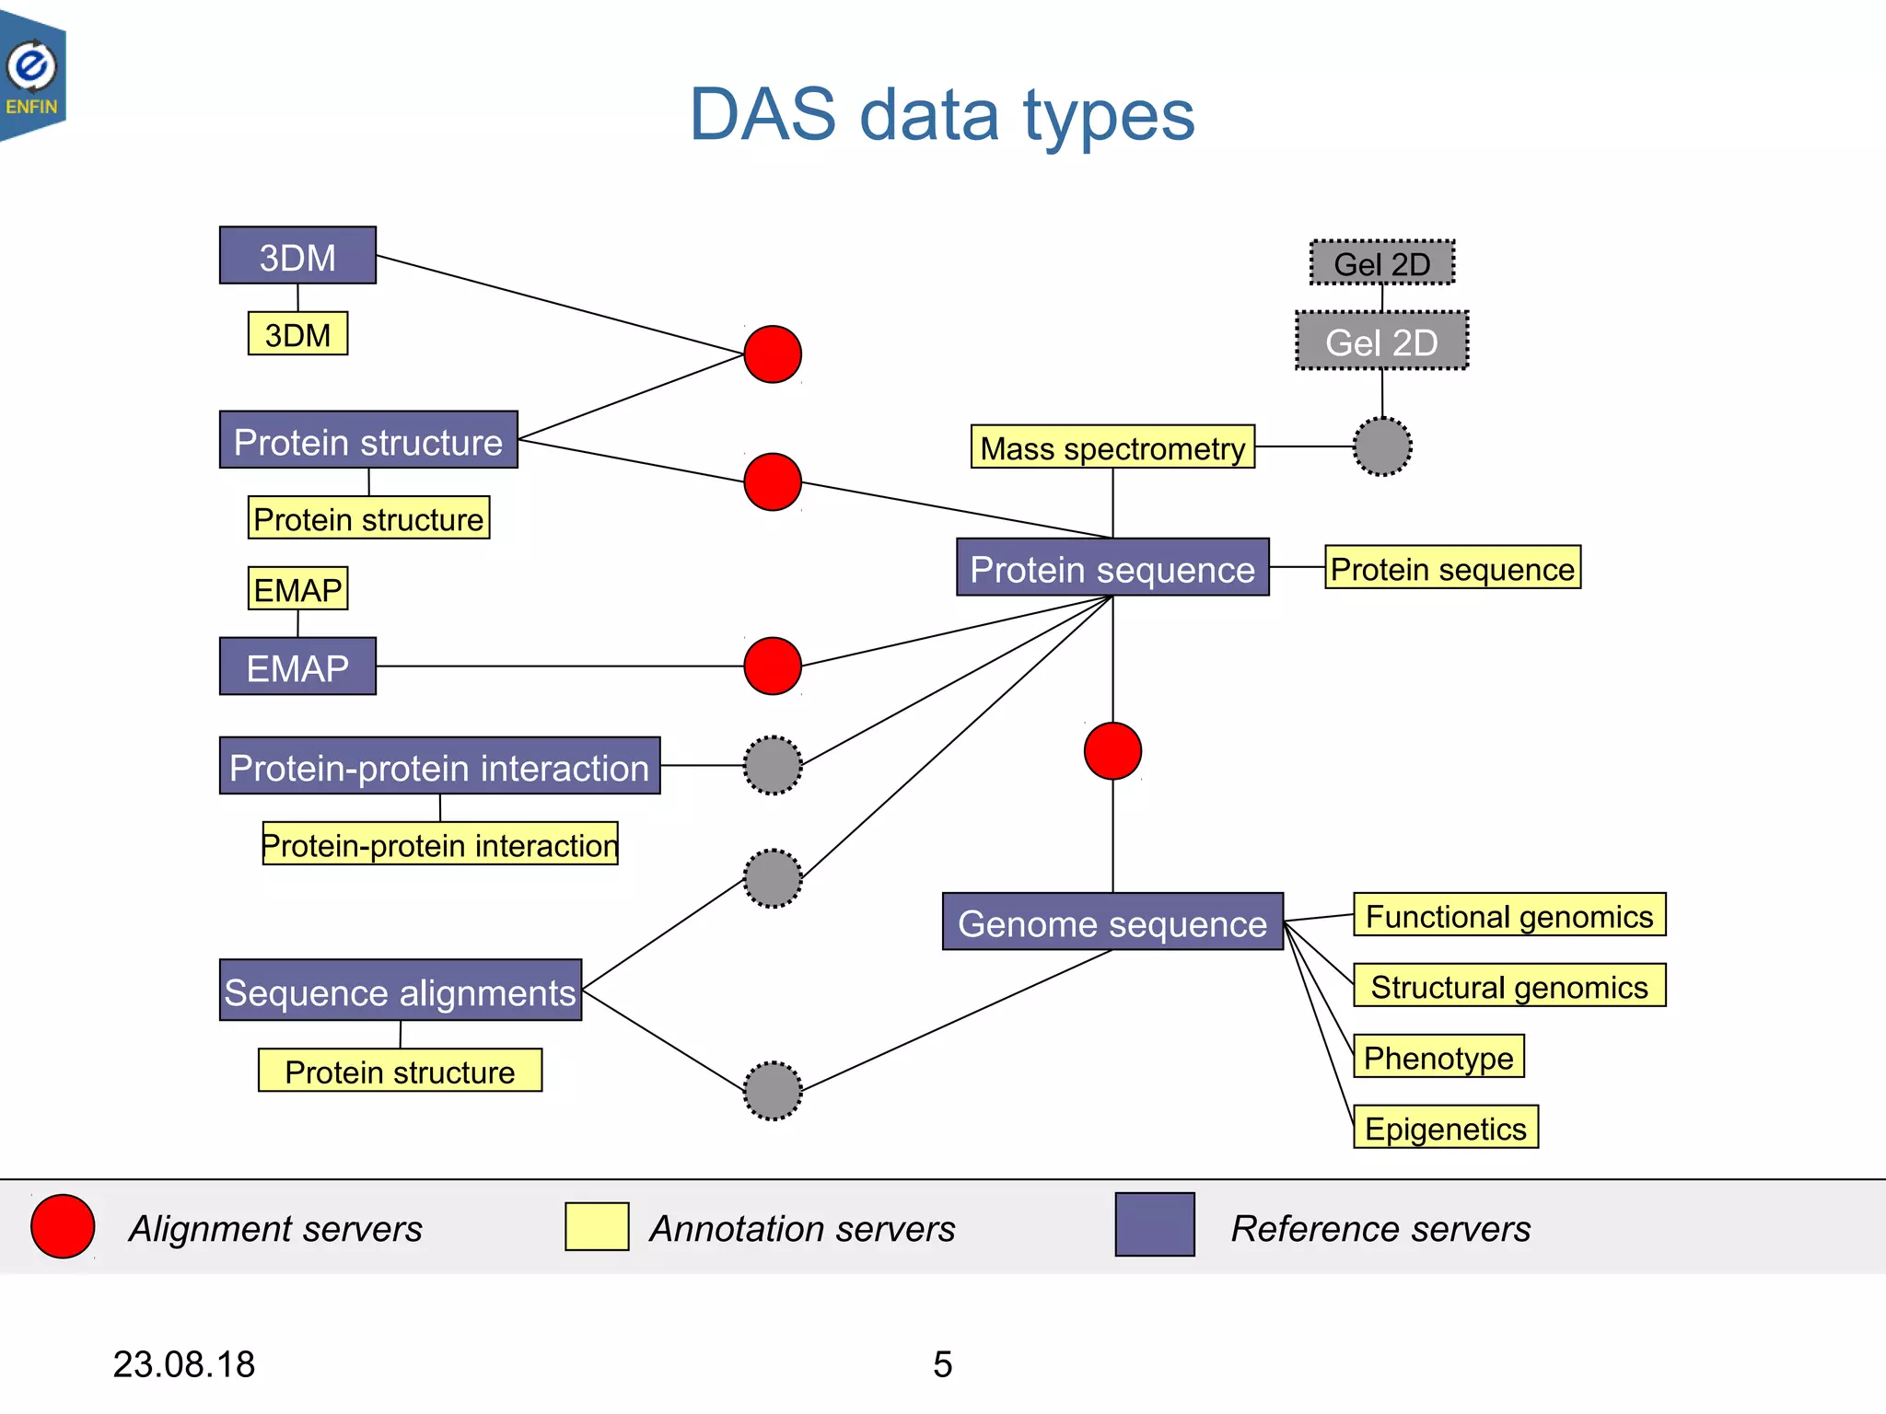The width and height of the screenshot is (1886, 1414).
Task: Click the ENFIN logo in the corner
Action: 33,75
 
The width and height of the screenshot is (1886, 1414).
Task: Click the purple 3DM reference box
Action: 297,256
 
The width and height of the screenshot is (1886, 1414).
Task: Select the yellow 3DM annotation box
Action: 297,334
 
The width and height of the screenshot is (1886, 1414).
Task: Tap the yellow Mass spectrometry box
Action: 1112,447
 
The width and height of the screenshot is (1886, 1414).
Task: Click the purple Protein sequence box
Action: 1112,568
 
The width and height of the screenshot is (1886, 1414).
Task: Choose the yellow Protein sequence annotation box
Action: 1452,568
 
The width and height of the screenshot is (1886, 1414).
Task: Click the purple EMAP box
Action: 297,666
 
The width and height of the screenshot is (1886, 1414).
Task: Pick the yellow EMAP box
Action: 297,589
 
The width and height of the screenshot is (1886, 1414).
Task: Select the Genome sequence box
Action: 1112,921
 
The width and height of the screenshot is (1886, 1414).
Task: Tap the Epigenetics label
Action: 1445,1128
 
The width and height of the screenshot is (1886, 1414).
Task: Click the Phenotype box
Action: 1438,1057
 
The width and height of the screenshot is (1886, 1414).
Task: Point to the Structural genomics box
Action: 1508,986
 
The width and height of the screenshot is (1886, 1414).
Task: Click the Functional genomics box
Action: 1508,915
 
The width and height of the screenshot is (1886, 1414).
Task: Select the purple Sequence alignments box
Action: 400,991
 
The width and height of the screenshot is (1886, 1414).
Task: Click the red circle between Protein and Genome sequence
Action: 1112,751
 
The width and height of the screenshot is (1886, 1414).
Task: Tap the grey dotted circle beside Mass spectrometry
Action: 1381,447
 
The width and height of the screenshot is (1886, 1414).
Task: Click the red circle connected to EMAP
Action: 772,666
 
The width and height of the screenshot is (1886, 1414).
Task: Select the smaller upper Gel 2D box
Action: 1381,263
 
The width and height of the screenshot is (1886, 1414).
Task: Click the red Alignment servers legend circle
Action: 63,1226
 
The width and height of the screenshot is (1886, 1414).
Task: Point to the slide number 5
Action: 942,1363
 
